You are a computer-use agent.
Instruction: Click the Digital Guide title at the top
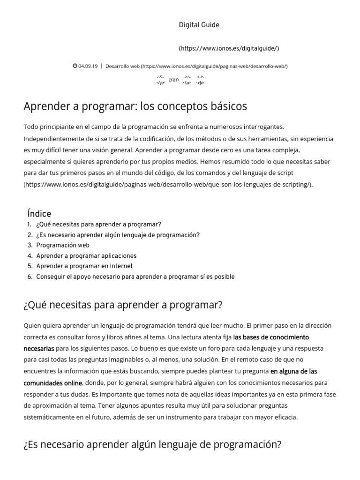(x=199, y=25)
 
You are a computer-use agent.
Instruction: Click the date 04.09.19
(x=88, y=66)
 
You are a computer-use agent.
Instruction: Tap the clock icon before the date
(x=75, y=66)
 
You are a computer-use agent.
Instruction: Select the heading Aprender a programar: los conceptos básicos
(x=135, y=106)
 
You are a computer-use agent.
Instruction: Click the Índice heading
(x=39, y=214)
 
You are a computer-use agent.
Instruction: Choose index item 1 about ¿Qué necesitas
(x=98, y=225)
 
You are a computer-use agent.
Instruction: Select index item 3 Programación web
(x=63, y=245)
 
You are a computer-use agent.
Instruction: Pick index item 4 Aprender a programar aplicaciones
(x=86, y=256)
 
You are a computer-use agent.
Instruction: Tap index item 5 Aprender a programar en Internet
(x=84, y=266)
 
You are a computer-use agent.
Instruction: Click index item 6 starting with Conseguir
(x=135, y=277)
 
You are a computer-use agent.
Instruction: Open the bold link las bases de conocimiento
(x=271, y=337)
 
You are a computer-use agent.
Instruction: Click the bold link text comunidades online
(x=52, y=383)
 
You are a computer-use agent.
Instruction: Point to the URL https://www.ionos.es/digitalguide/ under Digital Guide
(x=229, y=48)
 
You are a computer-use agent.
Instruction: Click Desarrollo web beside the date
(x=122, y=66)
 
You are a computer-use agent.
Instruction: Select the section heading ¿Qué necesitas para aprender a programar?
(x=122, y=305)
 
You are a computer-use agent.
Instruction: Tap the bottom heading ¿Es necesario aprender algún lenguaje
(x=152, y=444)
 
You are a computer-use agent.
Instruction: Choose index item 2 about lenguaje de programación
(x=118, y=235)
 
